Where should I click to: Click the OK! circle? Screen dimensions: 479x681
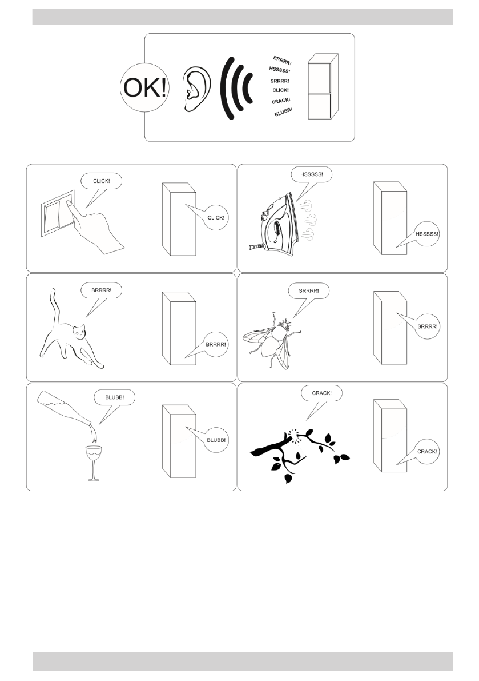tap(144, 87)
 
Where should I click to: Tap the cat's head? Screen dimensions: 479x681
tap(79, 332)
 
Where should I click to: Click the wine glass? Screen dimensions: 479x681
tap(94, 463)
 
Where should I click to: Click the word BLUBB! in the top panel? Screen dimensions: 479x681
tap(284, 113)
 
